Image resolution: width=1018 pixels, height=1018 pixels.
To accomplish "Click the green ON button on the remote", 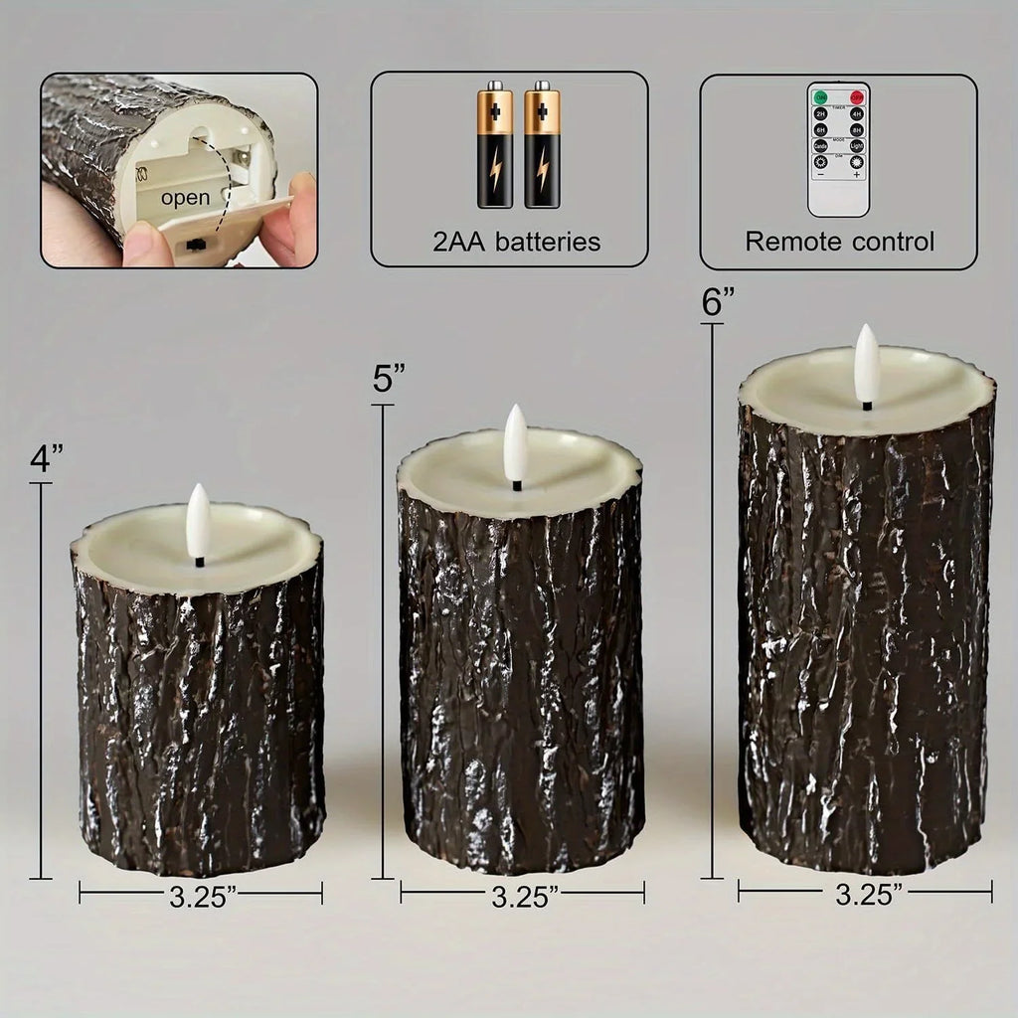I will [821, 97].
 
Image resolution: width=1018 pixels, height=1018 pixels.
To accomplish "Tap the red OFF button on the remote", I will [856, 97].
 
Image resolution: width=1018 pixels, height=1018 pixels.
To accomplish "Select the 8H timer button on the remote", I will [856, 129].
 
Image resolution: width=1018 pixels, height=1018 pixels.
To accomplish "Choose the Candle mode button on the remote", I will [821, 145].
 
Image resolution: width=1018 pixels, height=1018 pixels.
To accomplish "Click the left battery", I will [495, 145].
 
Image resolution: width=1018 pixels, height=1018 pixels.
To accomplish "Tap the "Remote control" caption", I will [839, 241].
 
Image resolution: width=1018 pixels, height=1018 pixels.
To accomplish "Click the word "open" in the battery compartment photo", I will [185, 197].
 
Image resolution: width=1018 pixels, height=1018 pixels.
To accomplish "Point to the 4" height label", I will [47, 459].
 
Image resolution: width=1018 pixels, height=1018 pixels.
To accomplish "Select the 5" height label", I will [389, 380].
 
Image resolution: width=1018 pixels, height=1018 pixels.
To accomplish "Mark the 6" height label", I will [718, 301].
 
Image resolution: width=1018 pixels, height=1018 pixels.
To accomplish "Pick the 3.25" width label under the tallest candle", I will [868, 894].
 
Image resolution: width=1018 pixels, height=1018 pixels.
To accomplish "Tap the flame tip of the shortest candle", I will [198, 489].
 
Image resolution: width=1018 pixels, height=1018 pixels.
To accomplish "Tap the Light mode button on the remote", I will [856, 145].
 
